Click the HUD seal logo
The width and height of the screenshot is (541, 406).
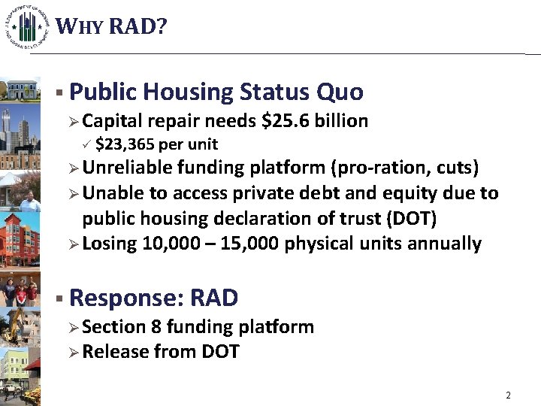coord(28,28)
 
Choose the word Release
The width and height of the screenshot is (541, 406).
coord(115,351)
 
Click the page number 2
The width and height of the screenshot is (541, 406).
coord(508,395)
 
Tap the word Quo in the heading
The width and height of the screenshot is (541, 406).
coord(340,92)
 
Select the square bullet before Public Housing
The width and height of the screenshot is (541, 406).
coord(59,92)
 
